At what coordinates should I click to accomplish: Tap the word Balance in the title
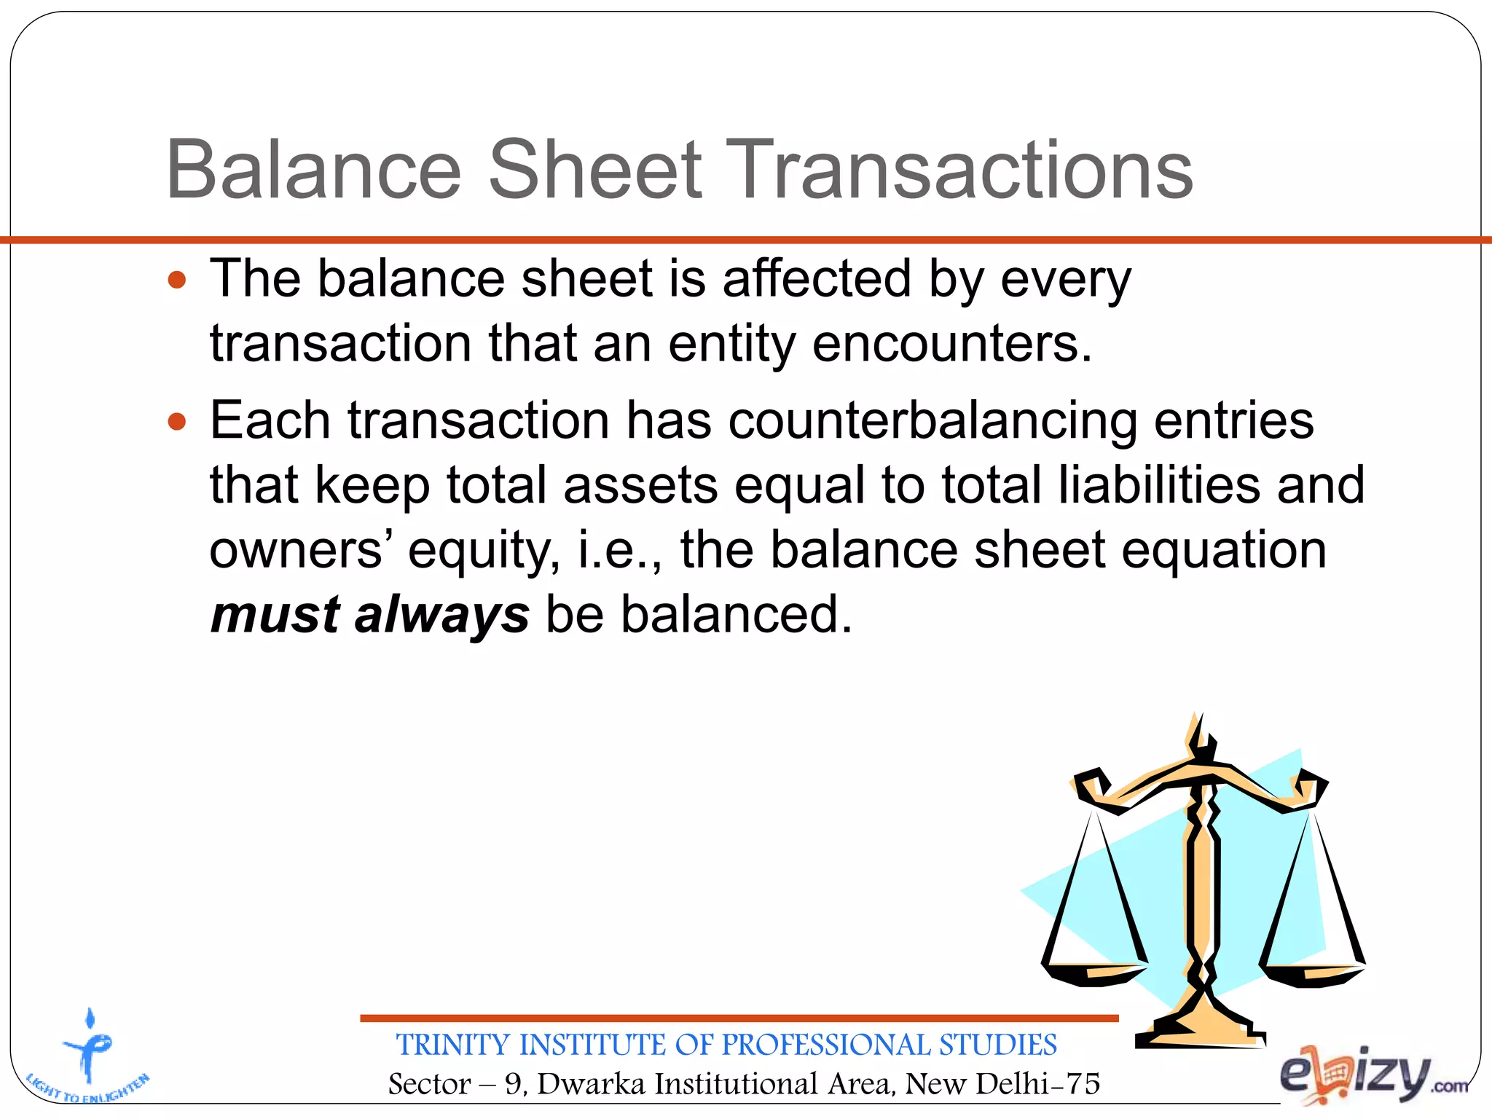click(x=313, y=170)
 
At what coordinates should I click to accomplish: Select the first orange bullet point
click(x=177, y=280)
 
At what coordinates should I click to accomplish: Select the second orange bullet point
click(x=177, y=421)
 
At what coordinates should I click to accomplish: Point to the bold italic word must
click(x=275, y=614)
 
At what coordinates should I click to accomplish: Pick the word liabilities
click(x=1158, y=486)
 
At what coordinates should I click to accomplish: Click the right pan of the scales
click(x=1313, y=972)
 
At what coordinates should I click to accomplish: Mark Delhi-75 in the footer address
click(x=1038, y=1084)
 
